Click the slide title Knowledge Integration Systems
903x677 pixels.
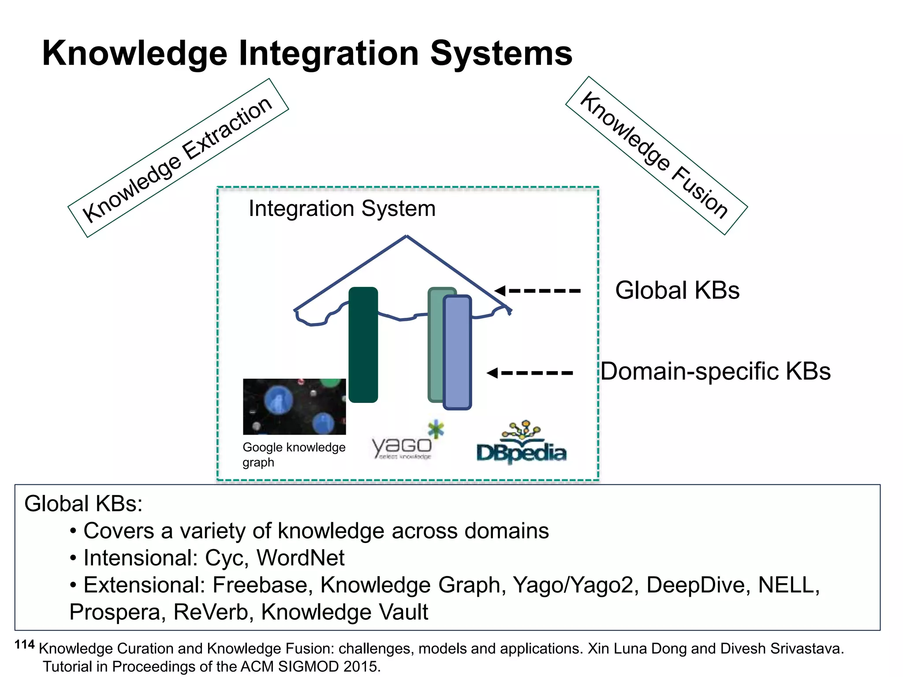(x=307, y=53)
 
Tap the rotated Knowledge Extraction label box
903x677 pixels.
(x=178, y=158)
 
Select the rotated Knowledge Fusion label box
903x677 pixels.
(x=656, y=155)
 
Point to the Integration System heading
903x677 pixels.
(x=342, y=208)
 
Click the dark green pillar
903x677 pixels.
(x=363, y=345)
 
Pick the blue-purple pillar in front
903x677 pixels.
(x=458, y=353)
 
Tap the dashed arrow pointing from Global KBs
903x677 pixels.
(x=538, y=290)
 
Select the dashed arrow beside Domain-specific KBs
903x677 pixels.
(x=530, y=373)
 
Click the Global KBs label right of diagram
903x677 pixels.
(x=677, y=290)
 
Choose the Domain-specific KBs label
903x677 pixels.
(x=715, y=371)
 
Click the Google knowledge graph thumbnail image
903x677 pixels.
(x=294, y=406)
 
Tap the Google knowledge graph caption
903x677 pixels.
(x=293, y=454)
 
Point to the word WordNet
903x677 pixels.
(x=300, y=558)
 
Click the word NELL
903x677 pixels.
(x=788, y=585)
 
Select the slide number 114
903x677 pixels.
(x=24, y=645)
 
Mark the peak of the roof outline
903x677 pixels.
(x=406, y=237)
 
